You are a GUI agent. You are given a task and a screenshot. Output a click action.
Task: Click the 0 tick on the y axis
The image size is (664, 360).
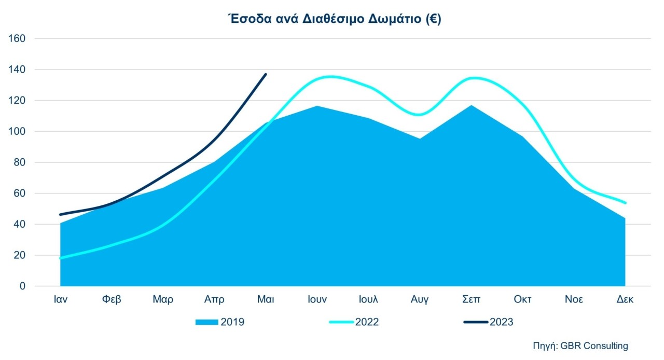[22, 286]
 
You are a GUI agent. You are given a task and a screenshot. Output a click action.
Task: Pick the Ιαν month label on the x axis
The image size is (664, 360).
[60, 300]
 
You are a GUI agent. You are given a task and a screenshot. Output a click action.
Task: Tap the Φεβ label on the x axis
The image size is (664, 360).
[112, 300]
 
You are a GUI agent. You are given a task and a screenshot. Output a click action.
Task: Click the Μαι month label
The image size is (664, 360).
[266, 300]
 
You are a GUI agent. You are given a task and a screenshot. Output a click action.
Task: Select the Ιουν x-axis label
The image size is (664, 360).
[317, 300]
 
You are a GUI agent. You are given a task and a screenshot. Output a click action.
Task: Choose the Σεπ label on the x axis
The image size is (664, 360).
[471, 300]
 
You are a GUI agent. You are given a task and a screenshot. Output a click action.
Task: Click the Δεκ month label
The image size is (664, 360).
[625, 300]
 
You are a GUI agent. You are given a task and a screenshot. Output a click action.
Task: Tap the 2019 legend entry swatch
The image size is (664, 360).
[206, 322]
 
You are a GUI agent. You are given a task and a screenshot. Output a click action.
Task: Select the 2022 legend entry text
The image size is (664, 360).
[367, 322]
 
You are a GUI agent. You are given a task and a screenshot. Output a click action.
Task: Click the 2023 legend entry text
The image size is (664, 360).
[501, 322]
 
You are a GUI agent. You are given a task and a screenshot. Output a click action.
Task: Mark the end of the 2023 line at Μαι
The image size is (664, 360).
[266, 74]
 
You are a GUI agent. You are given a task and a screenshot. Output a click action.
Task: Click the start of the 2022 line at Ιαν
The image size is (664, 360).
[61, 258]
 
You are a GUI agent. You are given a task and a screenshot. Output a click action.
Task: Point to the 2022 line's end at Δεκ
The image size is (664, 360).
[625, 203]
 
